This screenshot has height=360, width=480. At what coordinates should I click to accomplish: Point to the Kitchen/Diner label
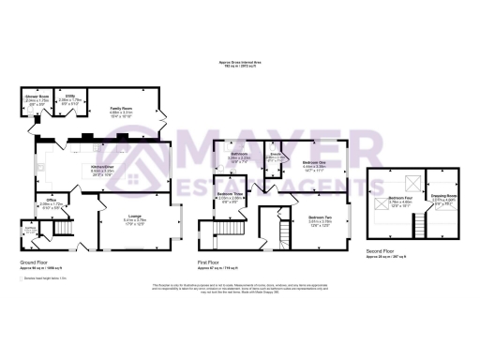coord(102,169)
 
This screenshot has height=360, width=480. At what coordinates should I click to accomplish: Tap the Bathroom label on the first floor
coord(238,153)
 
